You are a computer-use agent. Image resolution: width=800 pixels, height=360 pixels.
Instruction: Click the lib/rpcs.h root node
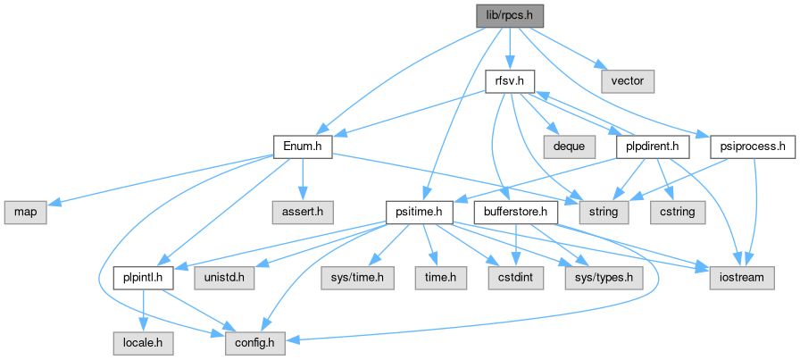507,15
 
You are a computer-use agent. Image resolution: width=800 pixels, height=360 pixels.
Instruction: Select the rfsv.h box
509,80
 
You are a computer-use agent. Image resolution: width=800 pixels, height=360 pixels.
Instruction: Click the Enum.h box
302,146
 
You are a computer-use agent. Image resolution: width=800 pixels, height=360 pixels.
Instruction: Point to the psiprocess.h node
752,146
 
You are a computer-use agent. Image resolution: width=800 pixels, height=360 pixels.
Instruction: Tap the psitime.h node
420,212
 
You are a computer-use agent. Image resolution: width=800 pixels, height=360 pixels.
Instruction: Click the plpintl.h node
143,277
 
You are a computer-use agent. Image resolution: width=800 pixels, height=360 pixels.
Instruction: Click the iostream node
742,277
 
